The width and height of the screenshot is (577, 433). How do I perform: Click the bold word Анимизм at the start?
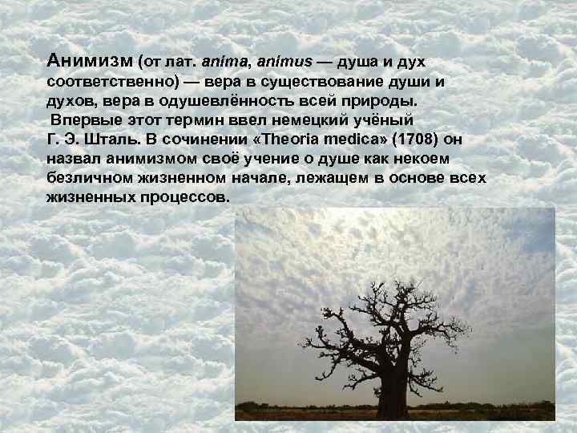(90, 61)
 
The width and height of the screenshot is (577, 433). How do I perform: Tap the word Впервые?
(84, 120)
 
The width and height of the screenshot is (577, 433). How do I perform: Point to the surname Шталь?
(119, 140)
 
